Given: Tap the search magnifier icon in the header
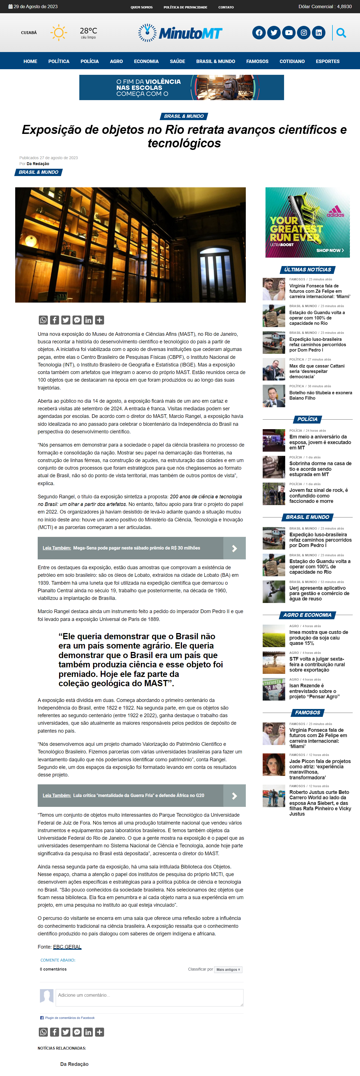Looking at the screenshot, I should pos(341,33).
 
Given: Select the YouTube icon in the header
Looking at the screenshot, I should pos(289,33).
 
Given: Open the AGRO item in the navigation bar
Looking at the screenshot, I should pos(116,61).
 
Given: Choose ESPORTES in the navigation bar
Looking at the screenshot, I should pos(327,61).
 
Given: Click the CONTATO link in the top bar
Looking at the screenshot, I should pos(226,7).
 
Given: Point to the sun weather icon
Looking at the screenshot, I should pos(58,33).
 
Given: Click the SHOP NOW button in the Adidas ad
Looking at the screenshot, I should pos(330,250).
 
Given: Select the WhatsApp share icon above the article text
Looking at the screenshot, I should pos(43,320).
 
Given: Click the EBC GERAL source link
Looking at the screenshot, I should pos(67,947).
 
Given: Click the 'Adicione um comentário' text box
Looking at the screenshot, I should pos(149,998).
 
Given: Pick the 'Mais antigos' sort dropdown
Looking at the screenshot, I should pos(228,969).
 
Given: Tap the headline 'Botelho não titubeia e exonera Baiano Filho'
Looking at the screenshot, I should pos(320,395).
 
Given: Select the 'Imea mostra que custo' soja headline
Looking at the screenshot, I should pos(319,638).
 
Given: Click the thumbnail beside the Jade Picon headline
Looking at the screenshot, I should pos(274,764).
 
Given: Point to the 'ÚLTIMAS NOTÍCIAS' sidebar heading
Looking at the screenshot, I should pos(307,270).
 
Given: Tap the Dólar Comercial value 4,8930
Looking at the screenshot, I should pos(344,7).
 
